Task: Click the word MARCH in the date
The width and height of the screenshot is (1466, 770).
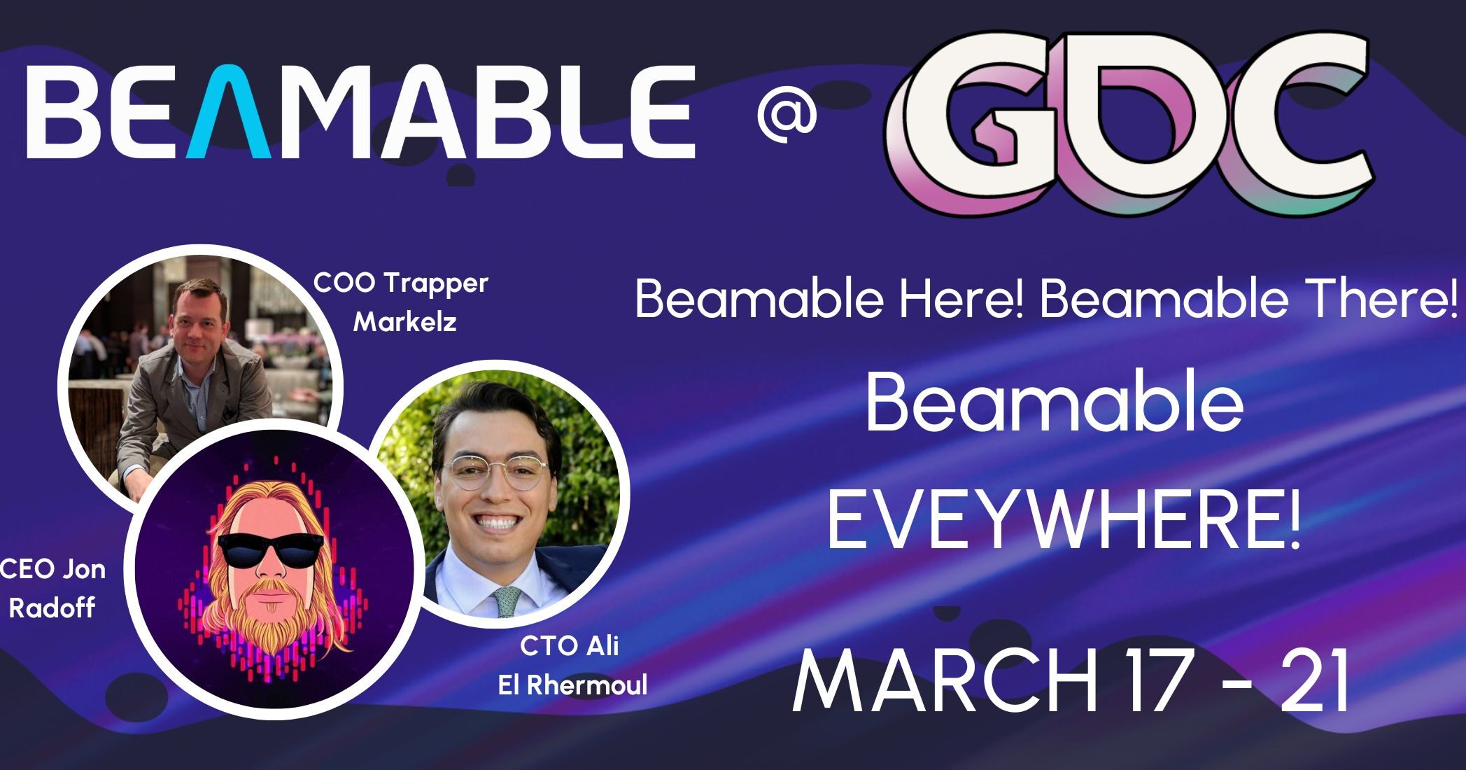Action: tap(945, 682)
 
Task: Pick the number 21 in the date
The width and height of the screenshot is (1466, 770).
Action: tap(1316, 682)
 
